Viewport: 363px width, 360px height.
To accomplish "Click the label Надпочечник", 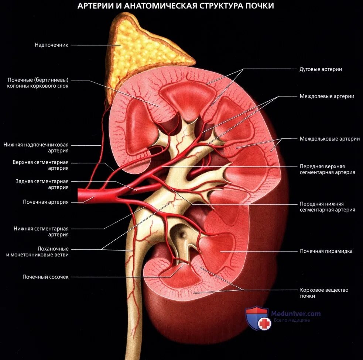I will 51,45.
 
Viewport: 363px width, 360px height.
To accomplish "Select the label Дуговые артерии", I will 321,69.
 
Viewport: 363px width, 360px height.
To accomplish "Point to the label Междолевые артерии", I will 327,96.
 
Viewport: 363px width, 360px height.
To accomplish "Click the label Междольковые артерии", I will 329,139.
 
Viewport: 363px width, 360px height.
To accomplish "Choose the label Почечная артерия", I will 46,202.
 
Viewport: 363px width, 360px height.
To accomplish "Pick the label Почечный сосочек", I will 45,277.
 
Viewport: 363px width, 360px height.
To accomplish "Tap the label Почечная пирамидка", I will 326,251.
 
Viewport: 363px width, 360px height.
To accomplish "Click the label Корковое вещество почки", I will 324,293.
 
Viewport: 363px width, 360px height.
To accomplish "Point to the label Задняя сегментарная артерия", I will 42,184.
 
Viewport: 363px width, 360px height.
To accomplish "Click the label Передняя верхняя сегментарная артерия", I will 327,169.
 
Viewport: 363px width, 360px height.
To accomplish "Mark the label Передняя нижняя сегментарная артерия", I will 327,207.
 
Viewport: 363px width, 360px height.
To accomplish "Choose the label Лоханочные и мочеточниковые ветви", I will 40,252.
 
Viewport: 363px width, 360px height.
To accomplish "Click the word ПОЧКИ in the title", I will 258,6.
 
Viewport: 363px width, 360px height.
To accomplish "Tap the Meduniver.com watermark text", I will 296,314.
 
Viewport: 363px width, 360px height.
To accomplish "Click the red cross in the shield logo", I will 264,324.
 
